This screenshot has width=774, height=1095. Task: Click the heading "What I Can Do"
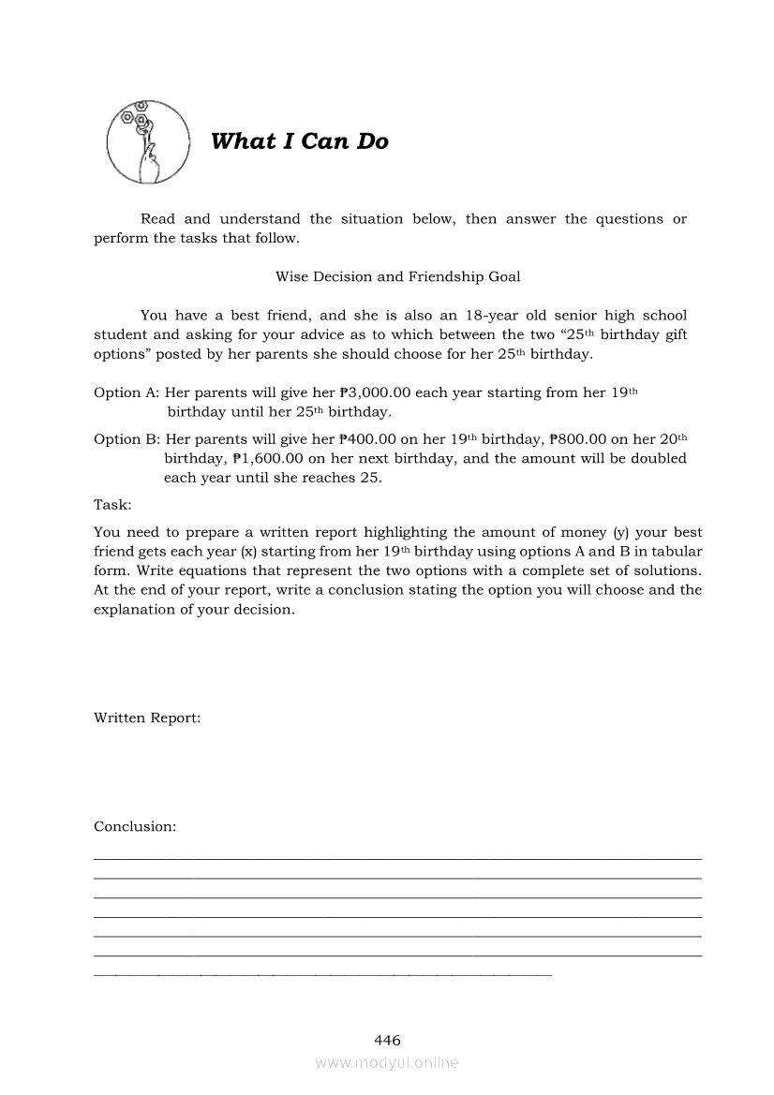click(x=299, y=141)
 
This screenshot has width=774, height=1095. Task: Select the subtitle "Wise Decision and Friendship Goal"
click(x=397, y=276)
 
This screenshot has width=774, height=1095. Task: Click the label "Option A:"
click(x=127, y=392)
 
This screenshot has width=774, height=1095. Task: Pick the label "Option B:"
click(x=127, y=438)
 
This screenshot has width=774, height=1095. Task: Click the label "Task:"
click(x=112, y=504)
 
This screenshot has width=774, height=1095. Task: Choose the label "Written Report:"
click(x=146, y=718)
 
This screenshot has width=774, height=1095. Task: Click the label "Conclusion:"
click(x=135, y=826)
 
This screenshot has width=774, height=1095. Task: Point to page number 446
click(x=387, y=1040)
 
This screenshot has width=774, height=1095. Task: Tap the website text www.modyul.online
click(x=387, y=1063)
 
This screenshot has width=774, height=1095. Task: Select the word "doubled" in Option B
click(x=660, y=458)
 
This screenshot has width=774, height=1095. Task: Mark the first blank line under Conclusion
click(x=397, y=858)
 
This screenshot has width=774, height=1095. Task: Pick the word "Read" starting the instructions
click(x=157, y=218)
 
